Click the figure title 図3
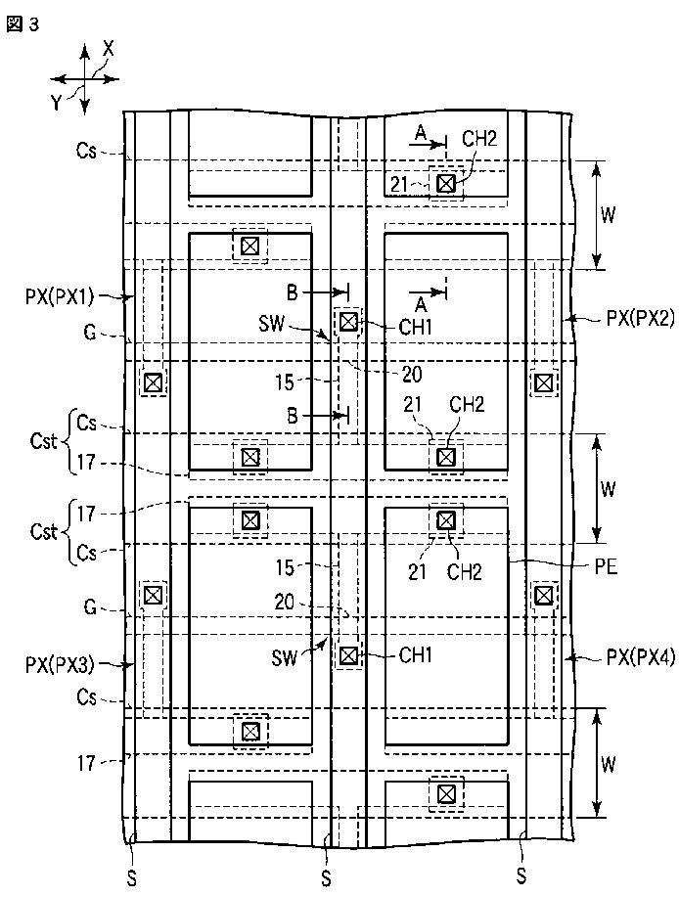(x=23, y=24)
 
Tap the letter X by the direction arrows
(x=108, y=49)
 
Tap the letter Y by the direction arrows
(x=56, y=103)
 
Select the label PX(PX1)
(x=60, y=296)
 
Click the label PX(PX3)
(x=60, y=665)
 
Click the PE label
(x=606, y=567)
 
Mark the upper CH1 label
(x=415, y=327)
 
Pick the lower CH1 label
(x=415, y=655)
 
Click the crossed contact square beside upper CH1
(x=348, y=322)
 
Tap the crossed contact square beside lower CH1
(x=348, y=655)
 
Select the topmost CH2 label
(x=479, y=139)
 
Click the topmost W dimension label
(x=609, y=214)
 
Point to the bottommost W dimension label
(x=609, y=764)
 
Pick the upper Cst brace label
(x=43, y=441)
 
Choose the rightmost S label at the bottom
(x=521, y=875)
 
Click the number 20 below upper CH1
(x=412, y=374)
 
